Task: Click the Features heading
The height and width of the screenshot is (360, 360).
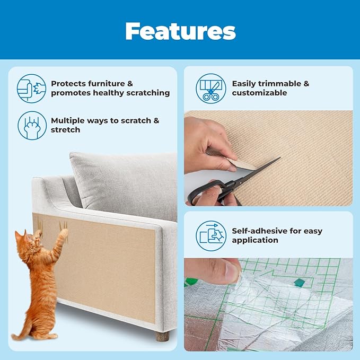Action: pyautogui.click(x=180, y=31)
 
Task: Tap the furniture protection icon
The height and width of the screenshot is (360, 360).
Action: pyautogui.click(x=31, y=88)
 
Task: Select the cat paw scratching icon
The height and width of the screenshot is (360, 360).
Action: pyautogui.click(x=31, y=125)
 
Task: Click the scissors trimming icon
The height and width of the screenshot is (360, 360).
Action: pyautogui.click(x=210, y=88)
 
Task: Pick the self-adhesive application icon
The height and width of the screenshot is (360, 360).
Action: pyautogui.click(x=210, y=235)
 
